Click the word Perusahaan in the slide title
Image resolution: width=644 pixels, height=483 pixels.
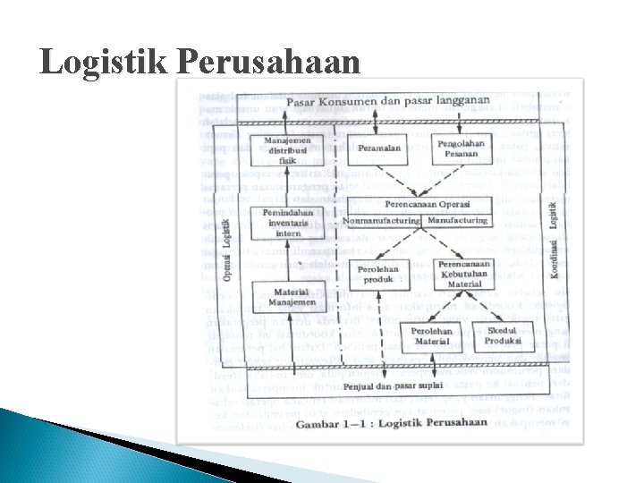pos(268,63)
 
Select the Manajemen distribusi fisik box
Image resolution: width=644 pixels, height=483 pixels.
pos(287,150)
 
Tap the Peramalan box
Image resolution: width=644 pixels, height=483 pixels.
pos(379,148)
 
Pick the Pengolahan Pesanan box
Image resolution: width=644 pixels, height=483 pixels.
pos(462,148)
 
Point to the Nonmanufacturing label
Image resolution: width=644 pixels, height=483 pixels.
pos(383,220)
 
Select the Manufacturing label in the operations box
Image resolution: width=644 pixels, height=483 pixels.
pos(458,220)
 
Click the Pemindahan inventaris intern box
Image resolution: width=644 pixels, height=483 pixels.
pos(287,223)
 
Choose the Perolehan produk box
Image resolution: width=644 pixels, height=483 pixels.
pos(377,275)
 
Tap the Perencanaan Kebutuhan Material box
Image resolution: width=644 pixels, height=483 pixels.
pos(464,274)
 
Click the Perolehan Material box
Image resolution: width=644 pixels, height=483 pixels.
pos(432,336)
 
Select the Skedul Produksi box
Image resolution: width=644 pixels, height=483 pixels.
pos(503,336)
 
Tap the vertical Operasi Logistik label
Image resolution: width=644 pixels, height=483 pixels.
pos(227,250)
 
